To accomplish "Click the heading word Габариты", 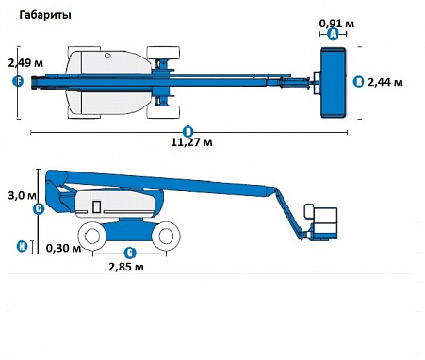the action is point(45,15).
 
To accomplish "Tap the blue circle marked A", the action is point(334,34).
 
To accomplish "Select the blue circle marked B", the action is point(358,82).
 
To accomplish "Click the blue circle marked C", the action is point(39,209).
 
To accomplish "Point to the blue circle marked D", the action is point(188,132).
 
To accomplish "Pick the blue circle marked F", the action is point(18,81).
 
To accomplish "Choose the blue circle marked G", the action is point(130,253).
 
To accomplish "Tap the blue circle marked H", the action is point(22,246).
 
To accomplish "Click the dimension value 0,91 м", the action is point(336,24).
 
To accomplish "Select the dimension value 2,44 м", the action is point(385,82).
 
